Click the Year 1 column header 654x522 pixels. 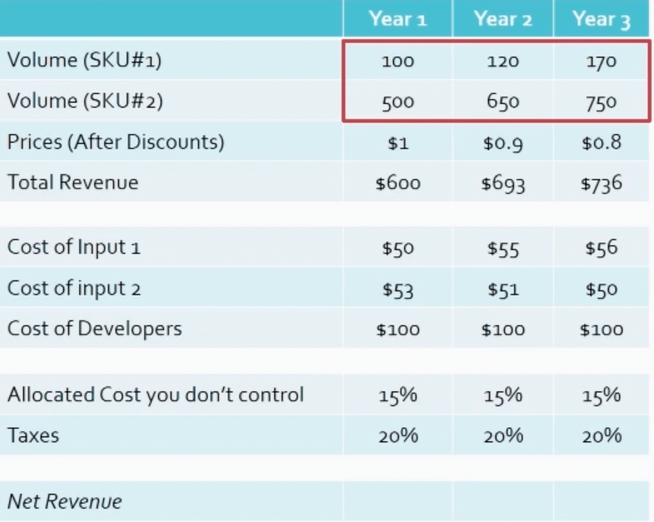397,19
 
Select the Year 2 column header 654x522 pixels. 502,19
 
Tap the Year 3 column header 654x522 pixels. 601,19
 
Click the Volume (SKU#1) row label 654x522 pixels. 84,61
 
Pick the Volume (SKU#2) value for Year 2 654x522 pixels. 502,102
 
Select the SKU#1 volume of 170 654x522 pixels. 601,62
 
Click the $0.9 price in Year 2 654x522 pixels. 502,143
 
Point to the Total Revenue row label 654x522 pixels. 72,182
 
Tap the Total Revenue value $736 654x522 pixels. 601,183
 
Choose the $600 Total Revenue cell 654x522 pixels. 397,183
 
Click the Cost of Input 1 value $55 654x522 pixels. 502,249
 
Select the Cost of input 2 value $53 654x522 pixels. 397,290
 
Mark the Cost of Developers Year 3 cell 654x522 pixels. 601,330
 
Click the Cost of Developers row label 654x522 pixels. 94,329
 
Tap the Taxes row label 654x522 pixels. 33,435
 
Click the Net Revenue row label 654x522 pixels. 64,501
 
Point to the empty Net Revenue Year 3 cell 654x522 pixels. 601,501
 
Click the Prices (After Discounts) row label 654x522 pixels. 116,142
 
